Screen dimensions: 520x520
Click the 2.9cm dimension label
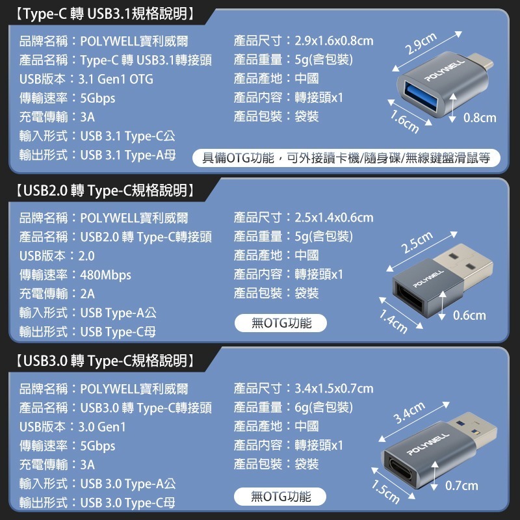pyautogui.click(x=421, y=44)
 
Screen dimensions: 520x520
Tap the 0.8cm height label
pyautogui.click(x=480, y=118)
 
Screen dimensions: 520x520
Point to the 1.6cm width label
pyautogui.click(x=404, y=122)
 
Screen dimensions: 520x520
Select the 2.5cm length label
pyautogui.click(x=417, y=242)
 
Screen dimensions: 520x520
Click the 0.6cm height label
pyautogui.click(x=469, y=315)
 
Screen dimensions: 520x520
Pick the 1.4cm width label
pyautogui.click(x=393, y=321)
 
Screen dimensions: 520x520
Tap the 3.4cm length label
pyautogui.click(x=409, y=413)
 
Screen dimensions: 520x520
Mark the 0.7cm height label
pyautogui.click(x=461, y=486)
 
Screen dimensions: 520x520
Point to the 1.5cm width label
pyautogui.click(x=385, y=491)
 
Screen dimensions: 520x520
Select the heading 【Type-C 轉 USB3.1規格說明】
pyautogui.click(x=105, y=14)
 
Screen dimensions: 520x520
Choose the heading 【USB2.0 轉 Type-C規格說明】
pyautogui.click(x=105, y=190)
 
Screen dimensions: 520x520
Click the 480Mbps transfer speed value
pyautogui.click(x=105, y=275)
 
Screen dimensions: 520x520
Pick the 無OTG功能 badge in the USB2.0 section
pyautogui.click(x=281, y=323)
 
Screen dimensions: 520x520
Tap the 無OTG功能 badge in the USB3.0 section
pyautogui.click(x=280, y=497)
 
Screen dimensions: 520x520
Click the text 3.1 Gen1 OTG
pyautogui.click(x=116, y=79)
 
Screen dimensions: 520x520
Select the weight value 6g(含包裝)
pyautogui.click(x=324, y=408)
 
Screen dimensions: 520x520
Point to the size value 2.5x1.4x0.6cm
pyautogui.click(x=334, y=218)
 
